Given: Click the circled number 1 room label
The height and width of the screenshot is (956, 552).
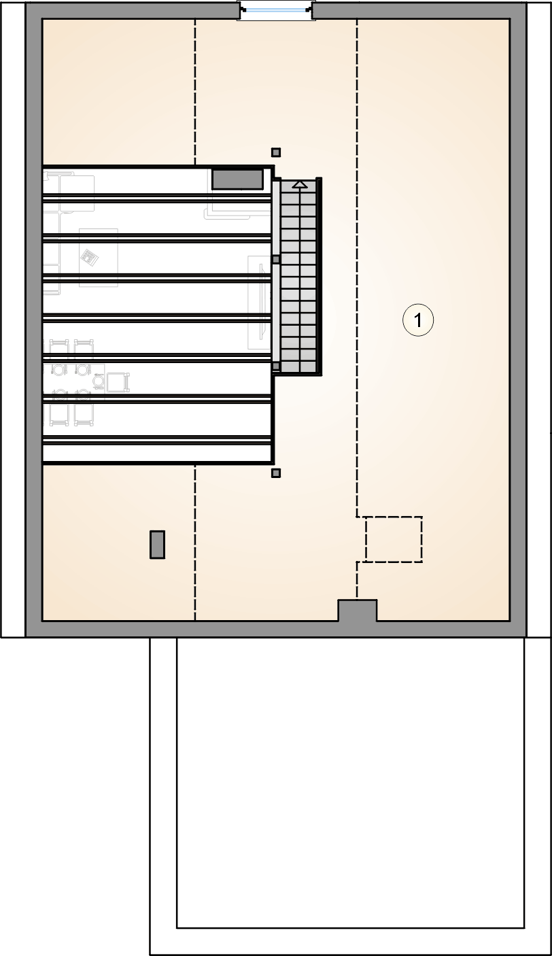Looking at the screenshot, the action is pyautogui.click(x=418, y=320).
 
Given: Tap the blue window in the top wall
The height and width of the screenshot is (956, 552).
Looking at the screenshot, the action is pyautogui.click(x=276, y=10).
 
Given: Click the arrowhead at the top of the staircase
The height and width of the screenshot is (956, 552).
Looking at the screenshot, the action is pyautogui.click(x=300, y=184).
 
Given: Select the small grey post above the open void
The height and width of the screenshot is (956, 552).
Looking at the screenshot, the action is pyautogui.click(x=276, y=152).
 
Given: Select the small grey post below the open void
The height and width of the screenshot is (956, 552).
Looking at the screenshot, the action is pyautogui.click(x=276, y=473).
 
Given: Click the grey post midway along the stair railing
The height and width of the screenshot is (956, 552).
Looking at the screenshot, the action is pyautogui.click(x=276, y=260).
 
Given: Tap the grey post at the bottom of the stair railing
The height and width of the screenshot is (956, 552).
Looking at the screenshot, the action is pyautogui.click(x=276, y=366).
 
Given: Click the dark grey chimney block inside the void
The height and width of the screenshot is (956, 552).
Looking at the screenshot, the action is pyautogui.click(x=238, y=180).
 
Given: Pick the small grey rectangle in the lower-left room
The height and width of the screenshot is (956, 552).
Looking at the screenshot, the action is pyautogui.click(x=157, y=545).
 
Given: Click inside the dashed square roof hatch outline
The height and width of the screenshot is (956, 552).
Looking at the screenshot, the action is pyautogui.click(x=394, y=539).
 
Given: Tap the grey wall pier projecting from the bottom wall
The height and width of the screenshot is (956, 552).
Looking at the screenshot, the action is pyautogui.click(x=358, y=611).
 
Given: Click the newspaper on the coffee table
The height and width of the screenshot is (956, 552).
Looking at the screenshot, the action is pyautogui.click(x=89, y=257).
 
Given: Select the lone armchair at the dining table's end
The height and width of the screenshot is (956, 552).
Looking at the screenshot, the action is pyautogui.click(x=118, y=382).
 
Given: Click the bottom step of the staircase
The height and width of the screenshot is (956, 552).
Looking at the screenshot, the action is pyautogui.click(x=300, y=366).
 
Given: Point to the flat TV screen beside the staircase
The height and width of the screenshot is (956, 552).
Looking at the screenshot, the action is pyautogui.click(x=261, y=301).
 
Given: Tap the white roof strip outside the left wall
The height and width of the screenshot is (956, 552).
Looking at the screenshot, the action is pyautogui.click(x=13, y=320).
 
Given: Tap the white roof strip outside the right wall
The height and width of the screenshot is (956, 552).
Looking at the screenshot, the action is pyautogui.click(x=539, y=320).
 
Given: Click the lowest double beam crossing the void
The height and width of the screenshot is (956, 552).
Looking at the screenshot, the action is pyautogui.click(x=157, y=441).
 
